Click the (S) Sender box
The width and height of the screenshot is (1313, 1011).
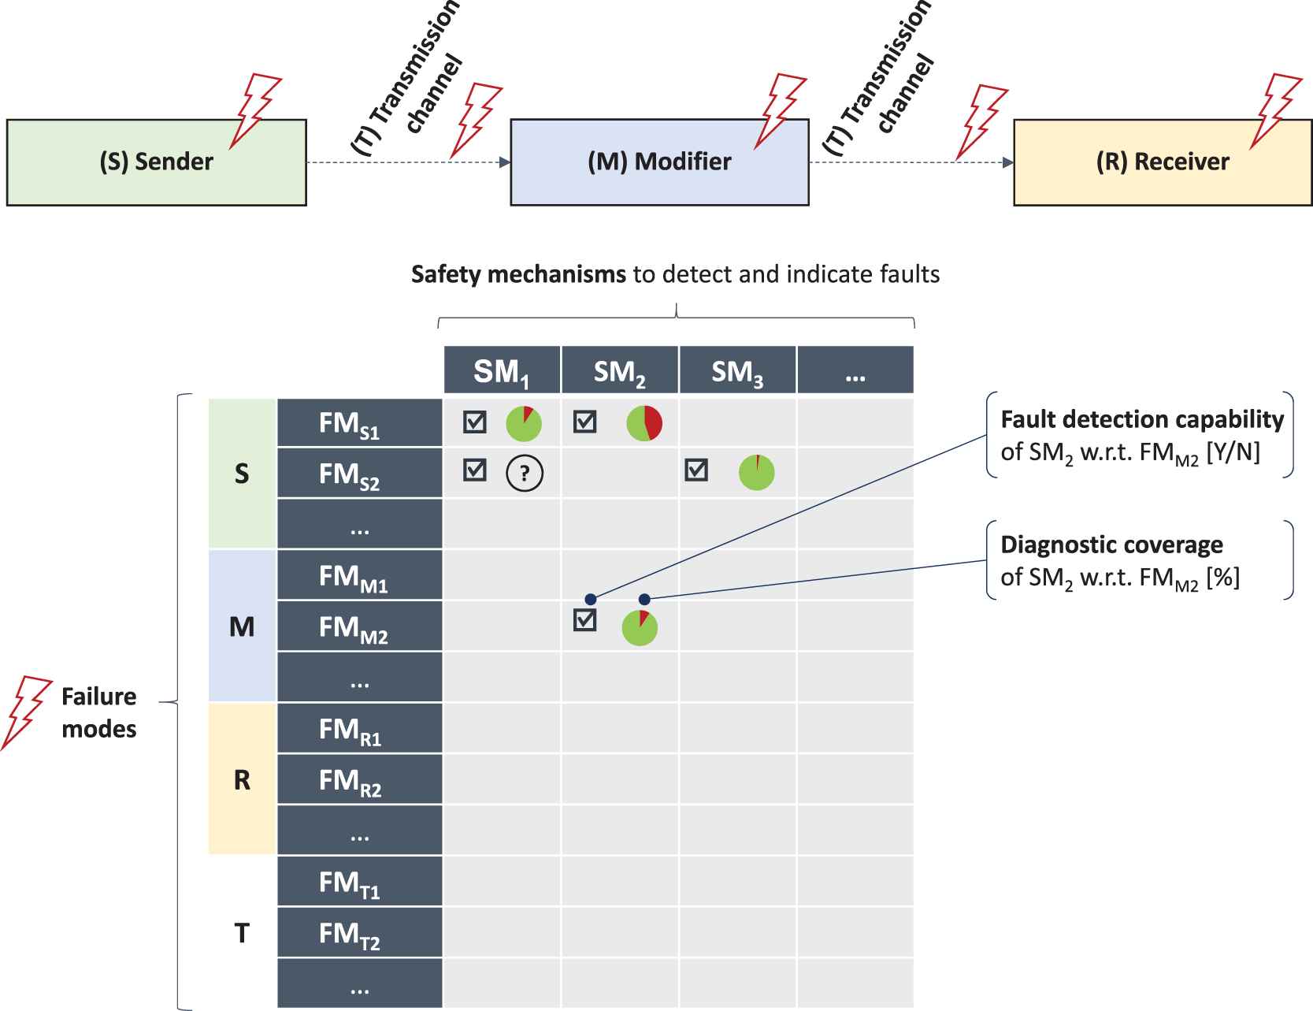click(x=156, y=162)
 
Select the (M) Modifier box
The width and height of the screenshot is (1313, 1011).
click(x=659, y=162)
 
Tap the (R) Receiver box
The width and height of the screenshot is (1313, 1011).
click(x=1163, y=162)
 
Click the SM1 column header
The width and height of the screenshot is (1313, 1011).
click(x=502, y=371)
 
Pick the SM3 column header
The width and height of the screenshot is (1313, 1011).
click(x=737, y=371)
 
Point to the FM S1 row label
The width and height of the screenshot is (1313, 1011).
click(x=359, y=424)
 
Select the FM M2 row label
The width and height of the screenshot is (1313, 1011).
click(x=359, y=627)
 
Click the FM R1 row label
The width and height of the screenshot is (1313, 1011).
click(x=359, y=730)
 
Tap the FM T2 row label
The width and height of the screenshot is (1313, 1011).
click(x=359, y=934)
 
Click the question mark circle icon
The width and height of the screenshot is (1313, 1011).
click(x=525, y=473)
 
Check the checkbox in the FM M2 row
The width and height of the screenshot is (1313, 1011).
click(x=584, y=620)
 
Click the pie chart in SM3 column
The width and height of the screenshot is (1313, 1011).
click(x=756, y=473)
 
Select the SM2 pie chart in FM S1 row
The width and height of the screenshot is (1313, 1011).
click(x=644, y=424)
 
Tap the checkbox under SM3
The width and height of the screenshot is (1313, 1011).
click(x=696, y=470)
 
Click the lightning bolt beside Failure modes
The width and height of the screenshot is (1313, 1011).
click(x=26, y=711)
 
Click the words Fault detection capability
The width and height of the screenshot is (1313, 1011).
click(x=1142, y=419)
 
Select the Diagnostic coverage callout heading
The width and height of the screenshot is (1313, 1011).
click(x=1111, y=545)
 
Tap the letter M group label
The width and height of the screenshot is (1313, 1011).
click(x=242, y=627)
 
